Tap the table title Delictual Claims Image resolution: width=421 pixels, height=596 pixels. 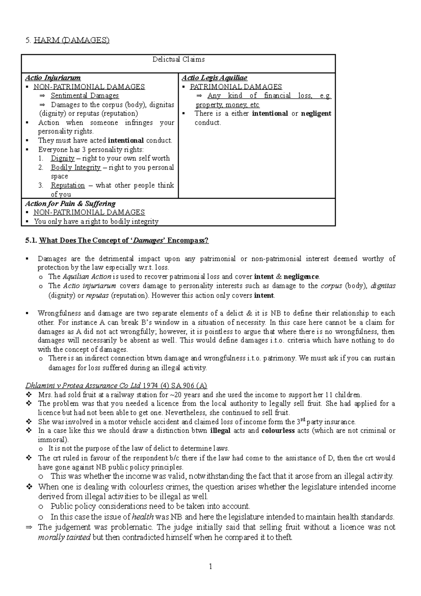tap(178, 59)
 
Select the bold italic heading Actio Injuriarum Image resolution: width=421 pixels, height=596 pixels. tap(53, 78)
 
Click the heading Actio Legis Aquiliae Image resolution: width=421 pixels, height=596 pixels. tap(214, 78)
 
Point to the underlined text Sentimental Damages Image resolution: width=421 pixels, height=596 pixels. tap(85, 95)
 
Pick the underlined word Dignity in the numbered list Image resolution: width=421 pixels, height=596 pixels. tap(62, 158)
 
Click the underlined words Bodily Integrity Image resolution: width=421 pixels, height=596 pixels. tap(75, 167)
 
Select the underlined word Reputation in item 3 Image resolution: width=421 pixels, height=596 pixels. tap(68, 185)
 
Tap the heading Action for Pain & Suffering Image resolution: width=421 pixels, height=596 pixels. tap(70, 204)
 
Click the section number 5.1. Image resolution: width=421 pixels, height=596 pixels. tap(31, 240)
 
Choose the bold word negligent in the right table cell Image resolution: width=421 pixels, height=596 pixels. tap(316, 113)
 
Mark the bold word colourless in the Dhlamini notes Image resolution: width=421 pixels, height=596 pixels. tap(278, 431)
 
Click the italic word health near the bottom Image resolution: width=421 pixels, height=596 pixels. tap(143, 517)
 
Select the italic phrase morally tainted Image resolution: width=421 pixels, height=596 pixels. tap(64, 537)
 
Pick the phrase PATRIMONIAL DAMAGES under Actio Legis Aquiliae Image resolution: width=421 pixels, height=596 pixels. tap(236, 87)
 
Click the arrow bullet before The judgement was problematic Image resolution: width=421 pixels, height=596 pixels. tap(29, 527)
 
